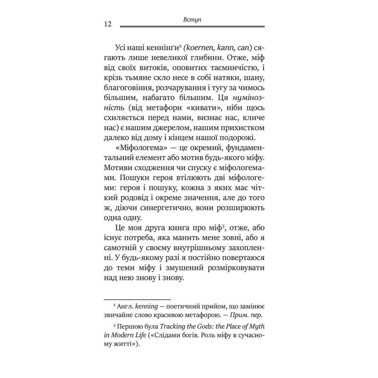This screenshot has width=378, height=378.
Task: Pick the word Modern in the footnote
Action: pyautogui.click(x=126, y=335)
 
